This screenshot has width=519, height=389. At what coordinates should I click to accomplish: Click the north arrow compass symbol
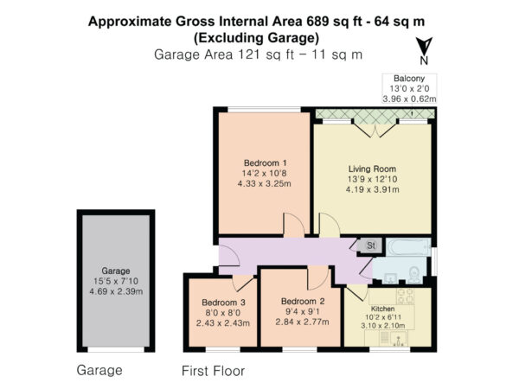424,50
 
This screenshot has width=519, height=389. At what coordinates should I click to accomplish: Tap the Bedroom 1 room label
266,163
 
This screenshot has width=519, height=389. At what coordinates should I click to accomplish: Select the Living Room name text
372,169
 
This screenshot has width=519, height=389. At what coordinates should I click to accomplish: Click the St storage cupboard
371,246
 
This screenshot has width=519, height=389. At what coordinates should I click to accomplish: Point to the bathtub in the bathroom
408,247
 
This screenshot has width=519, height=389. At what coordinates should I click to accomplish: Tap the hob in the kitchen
406,296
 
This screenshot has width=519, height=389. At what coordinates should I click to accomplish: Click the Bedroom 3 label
223,303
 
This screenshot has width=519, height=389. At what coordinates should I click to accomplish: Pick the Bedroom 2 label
303,302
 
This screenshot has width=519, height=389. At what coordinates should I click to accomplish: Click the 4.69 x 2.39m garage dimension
116,291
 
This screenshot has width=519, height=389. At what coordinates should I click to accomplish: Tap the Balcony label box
409,88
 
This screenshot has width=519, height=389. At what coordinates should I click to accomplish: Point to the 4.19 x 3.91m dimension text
372,189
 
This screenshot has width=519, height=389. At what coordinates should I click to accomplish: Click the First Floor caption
213,371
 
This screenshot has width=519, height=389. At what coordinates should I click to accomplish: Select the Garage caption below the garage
99,370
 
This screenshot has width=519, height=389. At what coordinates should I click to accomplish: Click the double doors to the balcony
375,130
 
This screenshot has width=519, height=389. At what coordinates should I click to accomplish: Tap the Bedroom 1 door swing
294,225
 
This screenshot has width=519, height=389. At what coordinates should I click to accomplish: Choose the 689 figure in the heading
318,22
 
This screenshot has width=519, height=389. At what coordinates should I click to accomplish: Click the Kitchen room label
382,309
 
